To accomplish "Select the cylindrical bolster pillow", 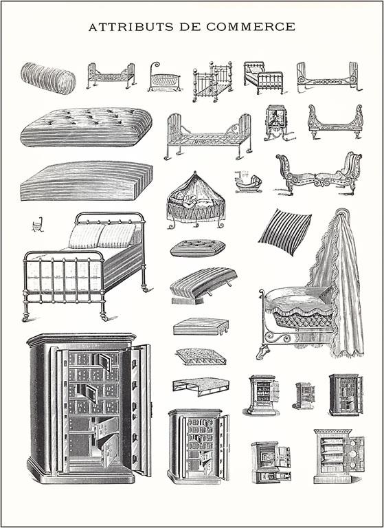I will click(x=48, y=78).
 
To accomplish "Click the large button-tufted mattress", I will click(x=86, y=126).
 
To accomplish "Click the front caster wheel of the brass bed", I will click(x=26, y=317).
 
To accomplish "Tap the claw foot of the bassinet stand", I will click(x=262, y=353).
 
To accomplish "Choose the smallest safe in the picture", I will click(x=304, y=395).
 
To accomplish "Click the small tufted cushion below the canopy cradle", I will click(x=197, y=248).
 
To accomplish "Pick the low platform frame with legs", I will click(x=201, y=386).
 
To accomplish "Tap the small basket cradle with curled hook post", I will click(x=164, y=78).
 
